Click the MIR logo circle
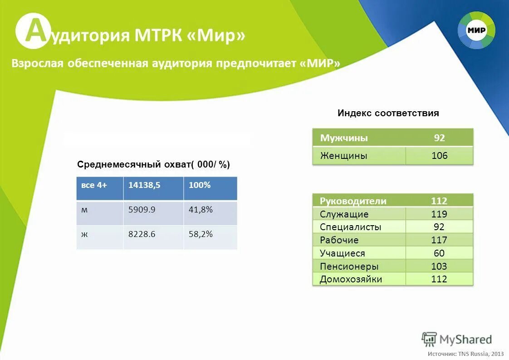(476, 31)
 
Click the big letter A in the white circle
(32, 31)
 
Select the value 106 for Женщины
(439, 156)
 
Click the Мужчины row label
(344, 138)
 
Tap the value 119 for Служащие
(439, 214)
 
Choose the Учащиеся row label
(342, 253)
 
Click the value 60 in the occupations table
(439, 253)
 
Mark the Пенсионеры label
(349, 266)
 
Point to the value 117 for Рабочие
(439, 240)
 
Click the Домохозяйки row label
(351, 279)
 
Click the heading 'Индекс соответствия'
(388, 113)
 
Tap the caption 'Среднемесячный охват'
(153, 164)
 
